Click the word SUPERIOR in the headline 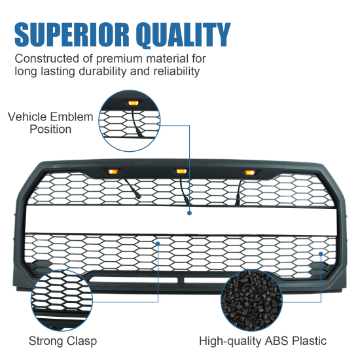[x=71, y=35]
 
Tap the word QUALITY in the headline [x=183, y=35]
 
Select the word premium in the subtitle [x=119, y=59]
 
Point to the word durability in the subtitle [x=103, y=71]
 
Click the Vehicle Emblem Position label [x=50, y=123]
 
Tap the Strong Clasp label [x=63, y=341]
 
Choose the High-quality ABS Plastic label [x=262, y=341]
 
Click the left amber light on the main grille [x=113, y=171]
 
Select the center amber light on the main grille [x=181, y=171]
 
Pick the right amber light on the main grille [x=249, y=172]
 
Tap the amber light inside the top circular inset [x=133, y=103]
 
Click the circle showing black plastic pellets [x=251, y=300]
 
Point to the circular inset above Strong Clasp [x=62, y=300]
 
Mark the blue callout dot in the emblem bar [x=189, y=213]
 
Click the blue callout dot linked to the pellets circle [x=321, y=254]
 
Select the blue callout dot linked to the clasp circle [x=158, y=243]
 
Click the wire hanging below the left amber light [x=133, y=188]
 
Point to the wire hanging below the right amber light [x=238, y=192]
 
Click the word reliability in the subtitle [x=176, y=71]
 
